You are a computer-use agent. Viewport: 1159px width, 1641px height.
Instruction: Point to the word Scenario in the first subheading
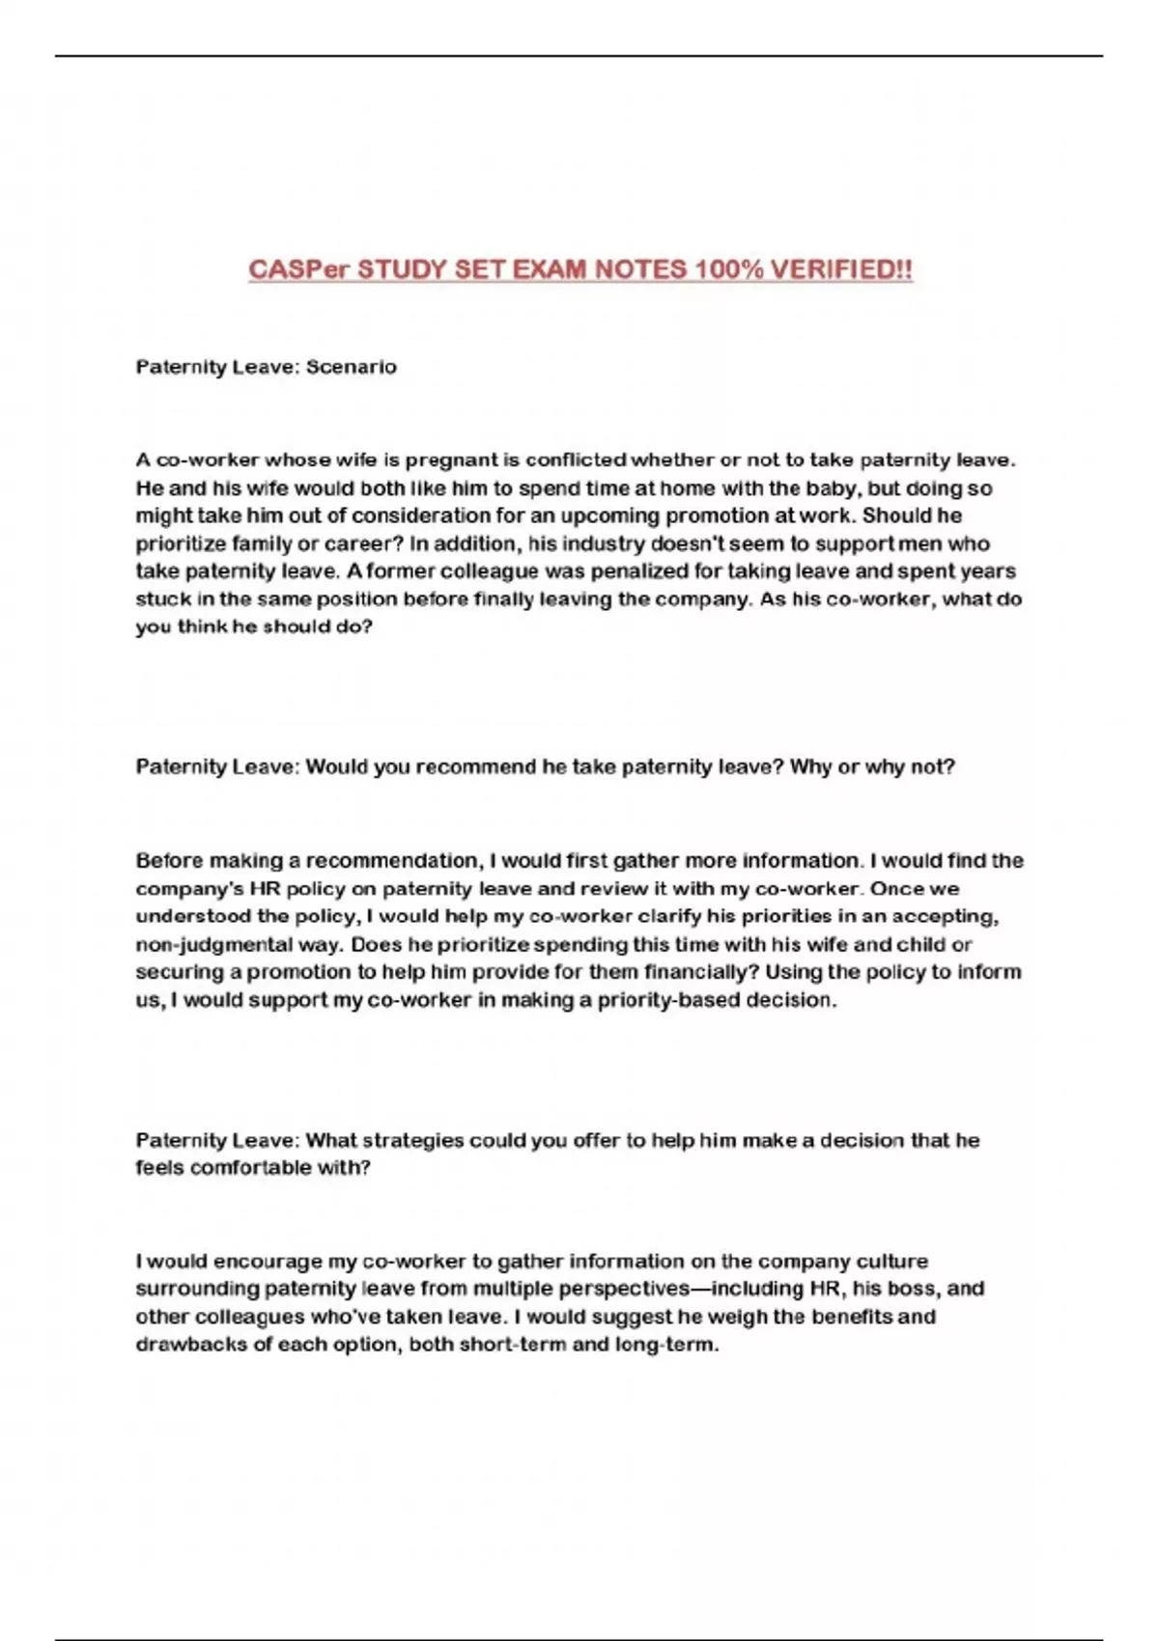(352, 367)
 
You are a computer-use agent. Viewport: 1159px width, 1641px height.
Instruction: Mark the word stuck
(162, 598)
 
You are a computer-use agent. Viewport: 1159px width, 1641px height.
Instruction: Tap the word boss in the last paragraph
(881, 1289)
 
